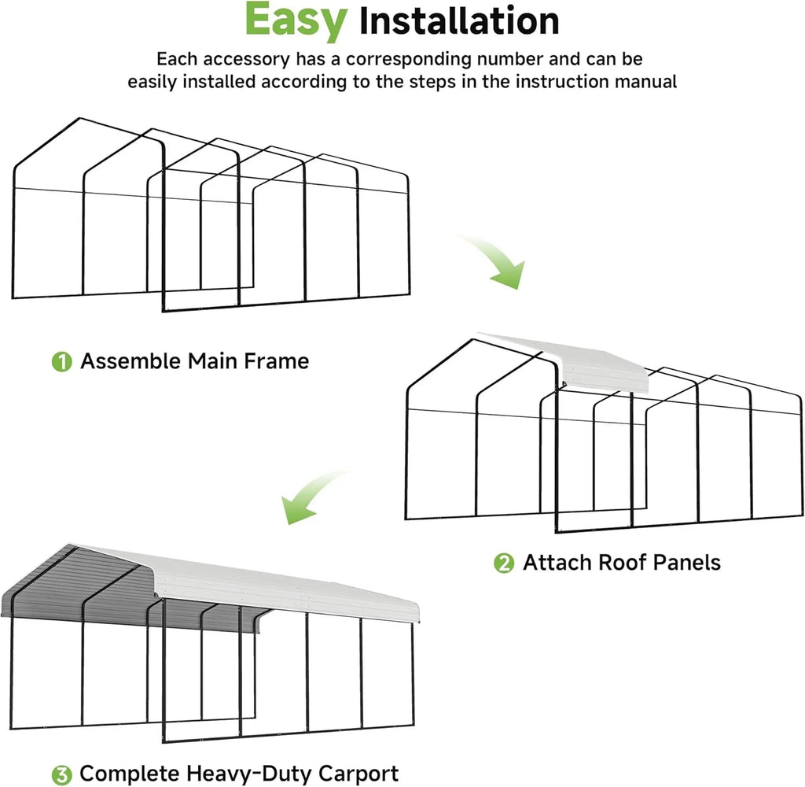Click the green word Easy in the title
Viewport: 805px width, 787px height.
coord(295,21)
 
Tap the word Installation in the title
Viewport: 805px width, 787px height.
coord(458,21)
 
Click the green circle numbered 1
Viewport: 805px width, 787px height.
coord(61,362)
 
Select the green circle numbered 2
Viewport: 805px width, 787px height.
coord(503,563)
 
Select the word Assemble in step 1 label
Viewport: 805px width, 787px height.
coord(130,361)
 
